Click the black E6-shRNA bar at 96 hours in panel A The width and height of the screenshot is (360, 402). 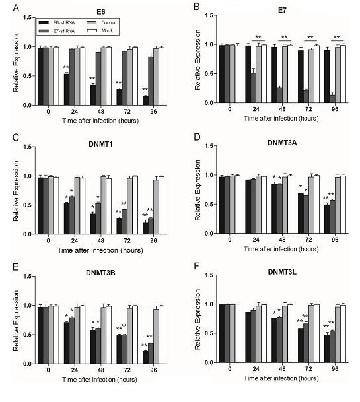144,100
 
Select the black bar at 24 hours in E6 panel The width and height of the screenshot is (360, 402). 67,89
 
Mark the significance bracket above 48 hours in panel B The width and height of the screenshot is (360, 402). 284,38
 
